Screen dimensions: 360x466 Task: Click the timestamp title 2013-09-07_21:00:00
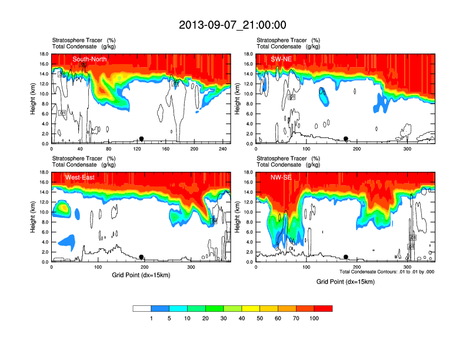point(232,25)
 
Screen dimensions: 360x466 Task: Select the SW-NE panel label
point(281,59)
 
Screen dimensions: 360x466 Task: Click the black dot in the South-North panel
point(141,139)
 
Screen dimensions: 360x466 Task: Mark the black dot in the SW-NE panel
point(346,139)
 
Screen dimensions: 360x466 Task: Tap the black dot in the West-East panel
point(141,257)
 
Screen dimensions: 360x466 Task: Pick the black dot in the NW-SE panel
point(346,257)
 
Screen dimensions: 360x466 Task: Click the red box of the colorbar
point(323,308)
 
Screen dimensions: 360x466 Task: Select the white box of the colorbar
point(142,308)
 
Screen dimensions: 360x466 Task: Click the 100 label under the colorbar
point(314,318)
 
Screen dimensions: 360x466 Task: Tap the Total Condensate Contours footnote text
point(387,272)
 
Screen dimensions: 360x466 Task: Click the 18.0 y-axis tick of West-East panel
point(42,172)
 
